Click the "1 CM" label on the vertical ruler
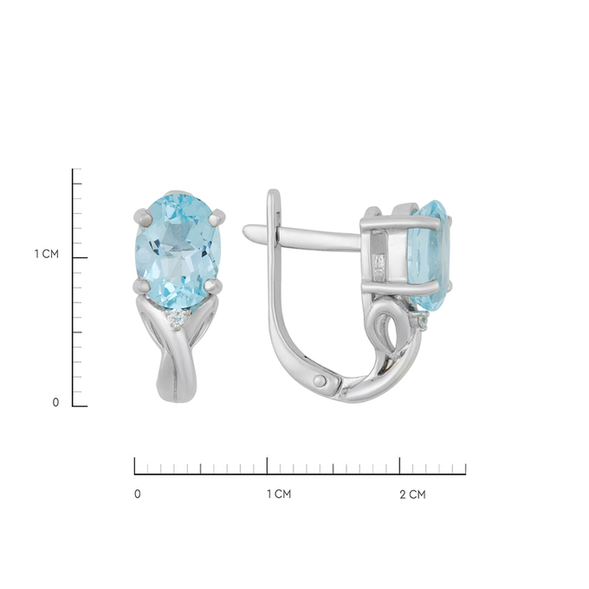click(x=47, y=255)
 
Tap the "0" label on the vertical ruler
click(x=55, y=402)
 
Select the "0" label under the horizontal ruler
click(x=138, y=494)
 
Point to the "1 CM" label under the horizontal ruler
click(x=279, y=494)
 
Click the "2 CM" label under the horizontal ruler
click(x=413, y=495)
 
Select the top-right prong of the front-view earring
click(x=217, y=217)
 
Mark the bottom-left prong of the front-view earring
click(x=142, y=286)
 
